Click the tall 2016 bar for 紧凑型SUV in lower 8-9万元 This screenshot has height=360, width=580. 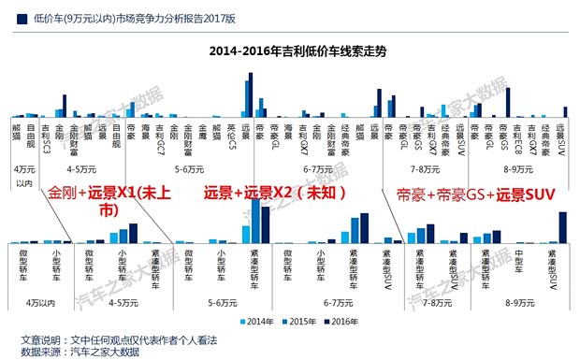pos(563,227)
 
